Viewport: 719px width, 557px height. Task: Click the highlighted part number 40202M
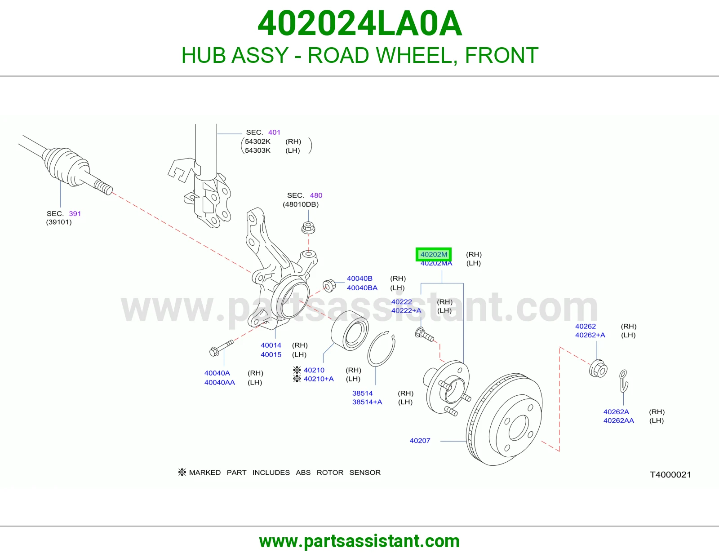[x=434, y=254]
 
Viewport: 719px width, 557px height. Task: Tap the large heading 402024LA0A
[x=359, y=23]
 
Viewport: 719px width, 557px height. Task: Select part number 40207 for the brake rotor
[x=420, y=441]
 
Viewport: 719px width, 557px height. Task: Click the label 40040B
[x=359, y=278]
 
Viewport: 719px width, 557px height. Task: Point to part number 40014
[x=271, y=345]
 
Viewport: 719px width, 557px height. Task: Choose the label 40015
[x=271, y=354]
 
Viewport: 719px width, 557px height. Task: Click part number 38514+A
[x=367, y=402]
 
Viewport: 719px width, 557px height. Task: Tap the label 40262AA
[x=618, y=420]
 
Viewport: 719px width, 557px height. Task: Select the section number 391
[x=75, y=214]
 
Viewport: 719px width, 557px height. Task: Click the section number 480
[x=316, y=195]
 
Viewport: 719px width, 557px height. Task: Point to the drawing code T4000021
[x=670, y=475]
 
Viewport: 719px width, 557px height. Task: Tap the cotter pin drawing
[x=624, y=381]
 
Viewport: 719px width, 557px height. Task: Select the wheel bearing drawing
[x=350, y=331]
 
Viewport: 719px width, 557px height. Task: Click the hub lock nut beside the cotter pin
[x=598, y=368]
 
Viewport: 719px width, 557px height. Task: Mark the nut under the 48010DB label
[x=308, y=228]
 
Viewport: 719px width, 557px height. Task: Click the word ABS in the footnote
[x=303, y=472]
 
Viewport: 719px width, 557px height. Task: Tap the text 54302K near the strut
[x=257, y=141]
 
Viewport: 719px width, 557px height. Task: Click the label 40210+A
[x=319, y=379]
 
